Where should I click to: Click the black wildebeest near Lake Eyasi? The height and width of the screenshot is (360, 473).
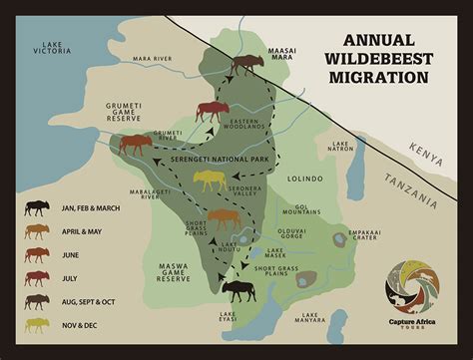tap(237, 290)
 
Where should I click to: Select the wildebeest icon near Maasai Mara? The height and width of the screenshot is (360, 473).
tap(244, 68)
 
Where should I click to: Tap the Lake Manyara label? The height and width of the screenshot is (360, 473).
tap(313, 319)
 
